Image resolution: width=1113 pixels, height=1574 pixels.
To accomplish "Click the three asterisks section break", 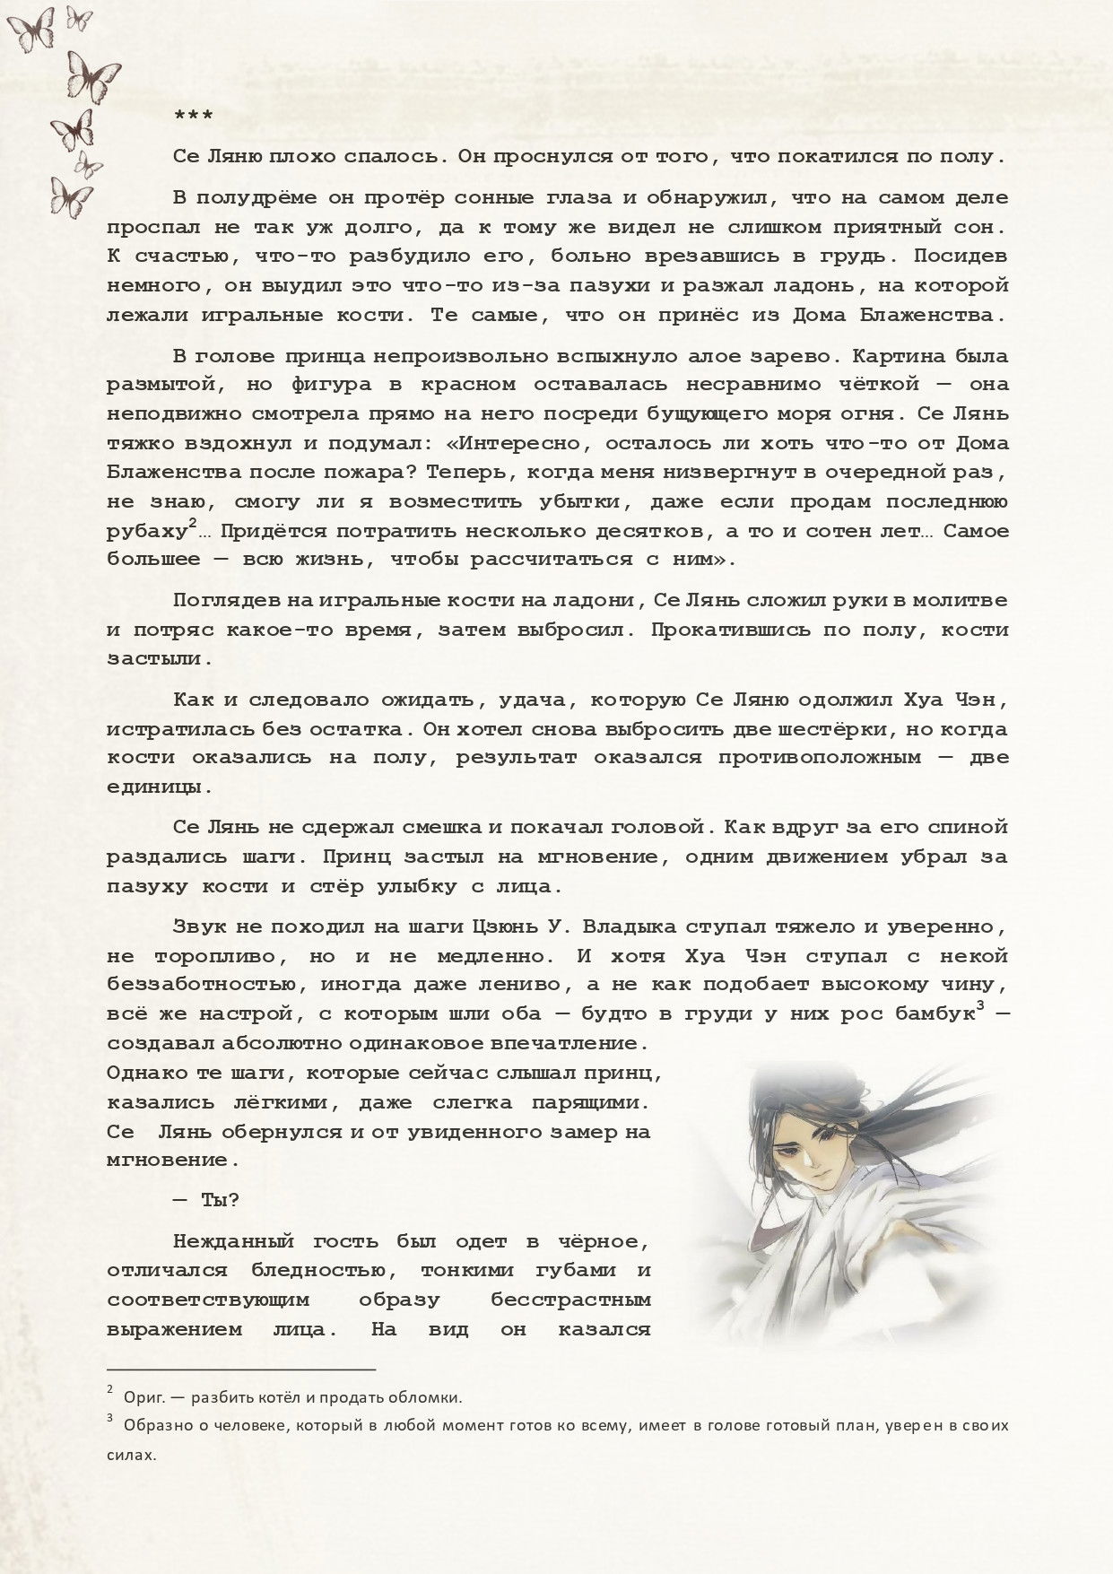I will (x=193, y=117).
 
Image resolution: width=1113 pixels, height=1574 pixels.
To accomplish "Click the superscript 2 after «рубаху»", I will (x=193, y=525).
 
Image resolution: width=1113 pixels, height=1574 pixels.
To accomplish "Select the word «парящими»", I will (x=597, y=1103).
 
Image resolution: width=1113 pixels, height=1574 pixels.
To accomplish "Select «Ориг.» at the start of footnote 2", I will (x=142, y=1397).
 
